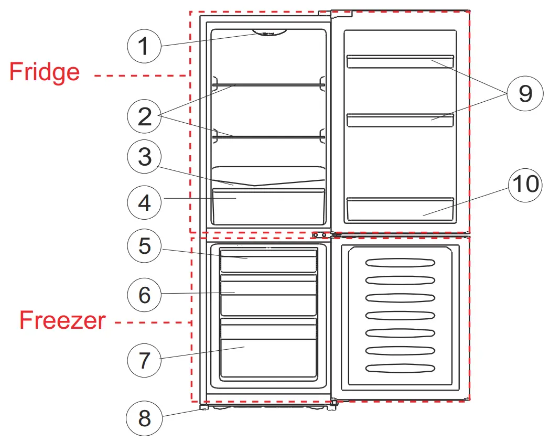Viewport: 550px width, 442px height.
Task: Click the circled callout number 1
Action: coord(145,46)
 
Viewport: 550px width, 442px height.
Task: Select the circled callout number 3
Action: coord(145,157)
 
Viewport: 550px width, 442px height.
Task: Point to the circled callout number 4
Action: coord(145,201)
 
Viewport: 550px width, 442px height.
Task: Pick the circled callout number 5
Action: coord(145,245)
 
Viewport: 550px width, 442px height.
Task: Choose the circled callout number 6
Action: coord(145,295)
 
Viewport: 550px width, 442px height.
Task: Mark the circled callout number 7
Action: coord(145,360)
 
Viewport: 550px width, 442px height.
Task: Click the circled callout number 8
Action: coord(144,418)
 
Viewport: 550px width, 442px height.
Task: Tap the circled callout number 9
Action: coord(525,93)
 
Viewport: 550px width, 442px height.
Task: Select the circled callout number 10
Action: coord(525,185)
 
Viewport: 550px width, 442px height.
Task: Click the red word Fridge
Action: coord(45,72)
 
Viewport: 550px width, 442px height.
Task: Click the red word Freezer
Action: coord(62,320)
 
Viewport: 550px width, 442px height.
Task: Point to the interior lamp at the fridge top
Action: coord(269,33)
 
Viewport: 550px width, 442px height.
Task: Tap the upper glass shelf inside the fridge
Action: coord(268,84)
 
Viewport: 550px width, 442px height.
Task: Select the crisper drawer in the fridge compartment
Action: coord(268,204)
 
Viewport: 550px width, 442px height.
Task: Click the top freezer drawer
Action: coord(268,261)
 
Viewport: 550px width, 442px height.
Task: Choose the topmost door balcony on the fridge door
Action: coord(400,61)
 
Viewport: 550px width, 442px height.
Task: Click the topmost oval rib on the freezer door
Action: coord(400,263)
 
